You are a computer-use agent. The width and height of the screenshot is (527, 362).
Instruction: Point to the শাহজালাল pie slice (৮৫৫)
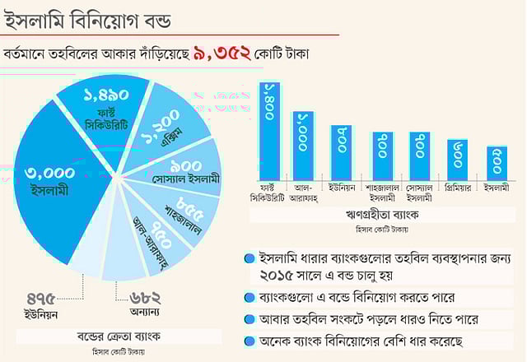point(185,213)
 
